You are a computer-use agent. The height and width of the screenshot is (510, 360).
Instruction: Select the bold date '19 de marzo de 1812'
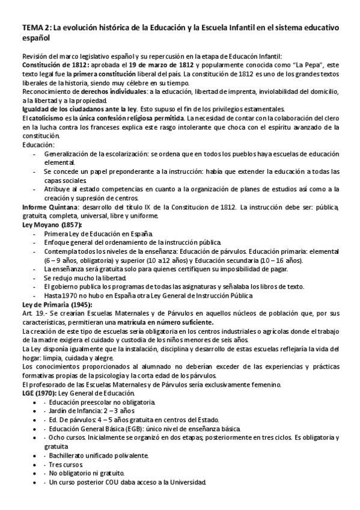160,65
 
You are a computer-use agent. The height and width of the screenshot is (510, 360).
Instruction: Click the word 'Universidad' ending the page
187,482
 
